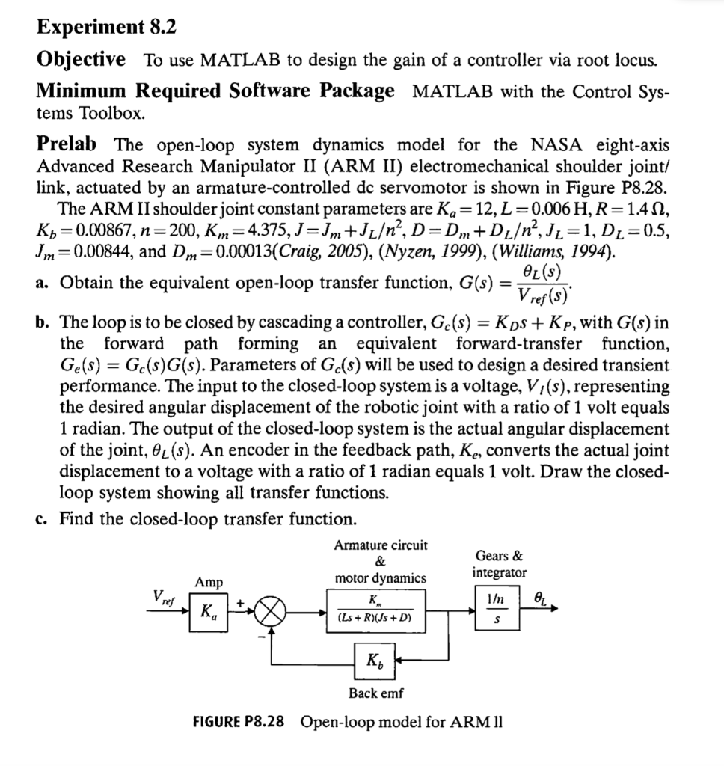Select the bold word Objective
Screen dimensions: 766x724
tap(81, 59)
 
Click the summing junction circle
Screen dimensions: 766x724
tap(273, 611)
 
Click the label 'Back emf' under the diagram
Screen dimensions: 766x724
tap(376, 693)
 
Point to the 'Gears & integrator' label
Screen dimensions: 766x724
tap(499, 564)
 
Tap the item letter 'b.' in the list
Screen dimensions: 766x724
tap(43, 323)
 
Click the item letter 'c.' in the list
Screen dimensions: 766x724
tap(42, 518)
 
